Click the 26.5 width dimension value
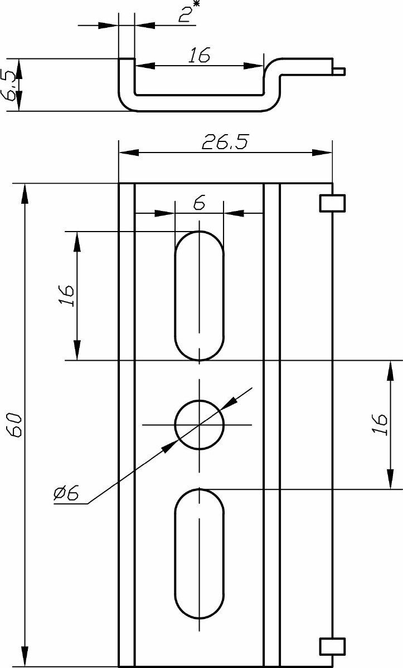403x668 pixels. click(225, 142)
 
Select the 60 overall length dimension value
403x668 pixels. click(14, 425)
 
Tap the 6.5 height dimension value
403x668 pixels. click(9, 85)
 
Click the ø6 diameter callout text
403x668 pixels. click(66, 492)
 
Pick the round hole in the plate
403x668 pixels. click(199, 425)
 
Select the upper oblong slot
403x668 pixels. click(199, 296)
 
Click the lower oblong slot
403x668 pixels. click(199, 554)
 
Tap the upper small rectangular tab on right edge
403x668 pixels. click(333, 203)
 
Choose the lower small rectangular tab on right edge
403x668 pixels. click(333, 646)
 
